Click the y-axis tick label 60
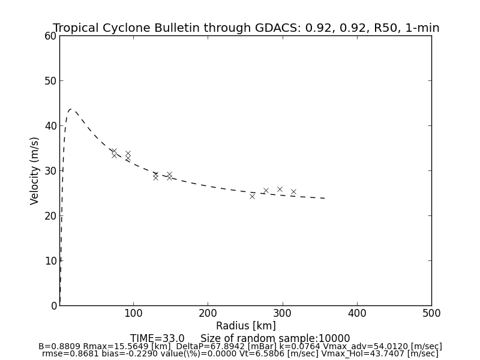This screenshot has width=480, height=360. click(x=50, y=36)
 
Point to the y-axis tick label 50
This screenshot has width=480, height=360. click(x=50, y=81)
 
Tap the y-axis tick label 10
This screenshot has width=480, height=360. click(x=50, y=261)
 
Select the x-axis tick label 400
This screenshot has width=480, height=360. click(x=357, y=313)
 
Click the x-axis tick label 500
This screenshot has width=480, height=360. click(x=431, y=313)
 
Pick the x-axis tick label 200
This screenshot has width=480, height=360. click(x=208, y=313)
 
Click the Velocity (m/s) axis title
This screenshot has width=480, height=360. click(x=35, y=170)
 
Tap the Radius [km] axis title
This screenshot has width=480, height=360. click(x=246, y=326)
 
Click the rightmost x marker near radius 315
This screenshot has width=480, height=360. click(x=293, y=192)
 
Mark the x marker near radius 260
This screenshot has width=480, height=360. click(x=252, y=196)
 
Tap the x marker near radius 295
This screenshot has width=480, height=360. click(x=280, y=189)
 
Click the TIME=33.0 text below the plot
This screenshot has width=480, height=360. click(x=157, y=338)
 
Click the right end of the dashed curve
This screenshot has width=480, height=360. click(x=325, y=198)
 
